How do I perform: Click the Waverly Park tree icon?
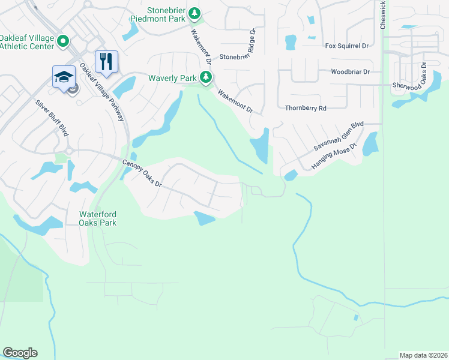tap(206, 77)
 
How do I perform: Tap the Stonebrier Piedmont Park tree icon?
tap(194, 13)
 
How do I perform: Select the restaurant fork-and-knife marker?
tap(106, 61)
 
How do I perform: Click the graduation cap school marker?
tap(64, 76)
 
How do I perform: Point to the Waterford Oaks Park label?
tap(98, 218)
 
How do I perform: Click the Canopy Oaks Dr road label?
tap(142, 173)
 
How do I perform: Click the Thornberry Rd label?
tap(305, 108)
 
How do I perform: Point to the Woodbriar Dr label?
tap(350, 71)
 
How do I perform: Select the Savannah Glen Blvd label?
tap(340, 138)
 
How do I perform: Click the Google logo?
tap(20, 353)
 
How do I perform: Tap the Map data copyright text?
tap(424, 355)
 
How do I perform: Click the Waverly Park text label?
tap(173, 78)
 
